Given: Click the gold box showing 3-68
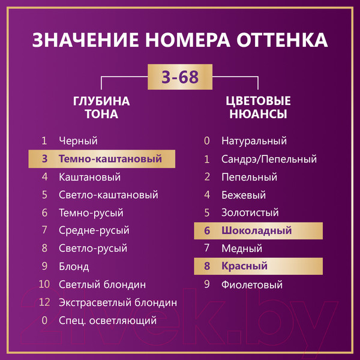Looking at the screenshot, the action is click(180, 77).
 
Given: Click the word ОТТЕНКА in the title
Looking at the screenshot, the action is click(282, 40).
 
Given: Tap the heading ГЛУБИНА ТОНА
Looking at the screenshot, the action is click(101, 107).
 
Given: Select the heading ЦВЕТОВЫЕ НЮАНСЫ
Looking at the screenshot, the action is click(258, 107).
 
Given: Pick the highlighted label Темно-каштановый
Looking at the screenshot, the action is click(110, 158).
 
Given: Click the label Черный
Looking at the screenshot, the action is click(78, 141).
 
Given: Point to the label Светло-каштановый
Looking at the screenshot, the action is click(109, 194).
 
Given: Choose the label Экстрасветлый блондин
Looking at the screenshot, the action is click(118, 302).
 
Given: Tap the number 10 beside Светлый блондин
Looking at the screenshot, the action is click(44, 284).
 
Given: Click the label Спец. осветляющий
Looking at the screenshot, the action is click(107, 320).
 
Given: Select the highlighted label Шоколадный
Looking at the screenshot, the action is click(256, 230).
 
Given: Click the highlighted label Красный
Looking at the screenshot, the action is click(244, 266).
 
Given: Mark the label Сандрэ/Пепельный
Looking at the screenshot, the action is click(269, 159).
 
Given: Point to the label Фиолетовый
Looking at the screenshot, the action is click(252, 284).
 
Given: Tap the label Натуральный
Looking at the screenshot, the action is click(254, 141).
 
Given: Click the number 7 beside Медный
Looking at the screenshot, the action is click(207, 248).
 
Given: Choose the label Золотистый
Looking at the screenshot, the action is click(250, 212).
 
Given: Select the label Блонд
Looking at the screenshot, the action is click(74, 266).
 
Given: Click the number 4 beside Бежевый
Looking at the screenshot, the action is click(207, 194).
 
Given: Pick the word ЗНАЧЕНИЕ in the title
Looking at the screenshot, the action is click(85, 40).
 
